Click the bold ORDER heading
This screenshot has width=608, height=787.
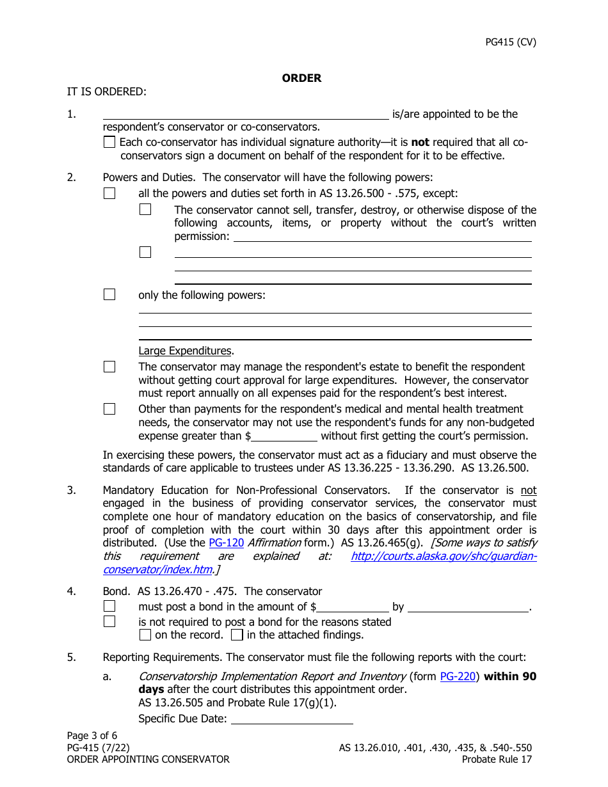tap(301, 78)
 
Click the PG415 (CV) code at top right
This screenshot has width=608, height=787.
tap(510, 42)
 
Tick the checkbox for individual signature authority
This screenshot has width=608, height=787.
tap(109, 143)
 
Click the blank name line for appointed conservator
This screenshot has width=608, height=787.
tap(246, 114)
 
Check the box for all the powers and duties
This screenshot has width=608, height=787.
tap(109, 193)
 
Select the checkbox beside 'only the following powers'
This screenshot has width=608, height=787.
tap(109, 294)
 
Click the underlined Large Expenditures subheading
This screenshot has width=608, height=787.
tap(185, 351)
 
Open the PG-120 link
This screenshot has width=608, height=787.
tap(227, 543)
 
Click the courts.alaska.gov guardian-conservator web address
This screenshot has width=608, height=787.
tap(444, 556)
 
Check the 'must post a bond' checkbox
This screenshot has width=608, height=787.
tap(109, 606)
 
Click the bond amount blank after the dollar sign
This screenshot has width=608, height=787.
tap(353, 607)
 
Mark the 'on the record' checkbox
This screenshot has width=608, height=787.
tap(145, 635)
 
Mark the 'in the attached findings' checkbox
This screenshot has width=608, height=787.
tap(237, 635)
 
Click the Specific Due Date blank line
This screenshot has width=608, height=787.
tap(291, 719)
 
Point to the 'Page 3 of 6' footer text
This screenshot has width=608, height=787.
tap(92, 735)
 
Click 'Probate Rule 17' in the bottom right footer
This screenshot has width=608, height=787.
tap(497, 759)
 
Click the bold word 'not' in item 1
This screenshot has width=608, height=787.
tap(420, 143)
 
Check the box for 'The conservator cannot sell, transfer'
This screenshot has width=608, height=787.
tap(145, 209)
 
